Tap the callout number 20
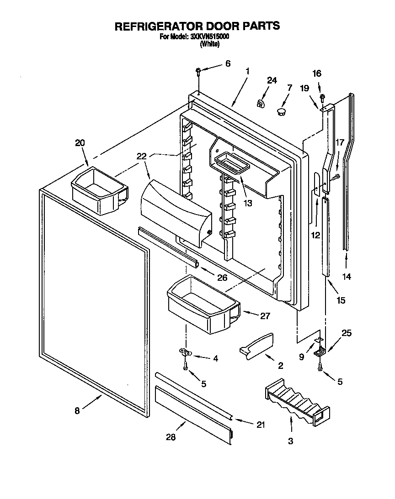pyautogui.click(x=80, y=143)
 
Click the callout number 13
pyautogui.click(x=247, y=204)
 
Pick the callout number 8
pyautogui.click(x=77, y=411)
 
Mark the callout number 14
pyautogui.click(x=347, y=276)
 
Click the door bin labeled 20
pyautogui.click(x=98, y=191)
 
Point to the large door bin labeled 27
pyautogui.click(x=203, y=305)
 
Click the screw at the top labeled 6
pyautogui.click(x=199, y=72)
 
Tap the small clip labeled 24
pyautogui.click(x=261, y=104)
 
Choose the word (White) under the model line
pyautogui.click(x=210, y=44)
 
